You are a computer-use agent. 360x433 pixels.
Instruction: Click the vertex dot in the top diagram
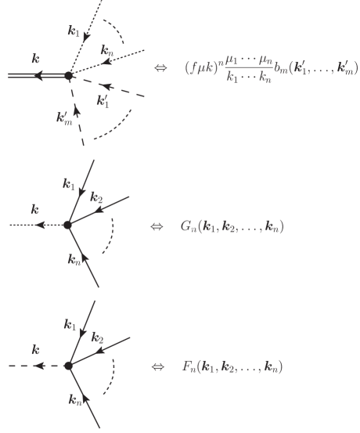click(68, 76)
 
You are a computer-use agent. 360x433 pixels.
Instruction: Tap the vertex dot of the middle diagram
click(68, 226)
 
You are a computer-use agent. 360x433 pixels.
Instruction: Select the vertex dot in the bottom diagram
click(68, 366)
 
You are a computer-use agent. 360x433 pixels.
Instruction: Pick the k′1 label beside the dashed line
click(103, 100)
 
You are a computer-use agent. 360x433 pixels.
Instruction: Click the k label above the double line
click(36, 58)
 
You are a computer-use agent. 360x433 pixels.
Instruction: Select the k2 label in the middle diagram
click(97, 197)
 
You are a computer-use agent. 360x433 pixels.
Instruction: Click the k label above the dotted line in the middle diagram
click(34, 209)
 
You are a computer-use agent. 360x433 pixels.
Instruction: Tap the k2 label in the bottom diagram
click(97, 338)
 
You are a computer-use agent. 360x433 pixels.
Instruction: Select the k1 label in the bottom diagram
click(70, 324)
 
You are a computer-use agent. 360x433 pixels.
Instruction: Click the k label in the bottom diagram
click(34, 349)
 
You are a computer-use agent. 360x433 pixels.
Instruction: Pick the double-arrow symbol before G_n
click(157, 227)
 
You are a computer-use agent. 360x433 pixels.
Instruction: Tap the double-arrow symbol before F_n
click(157, 366)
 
